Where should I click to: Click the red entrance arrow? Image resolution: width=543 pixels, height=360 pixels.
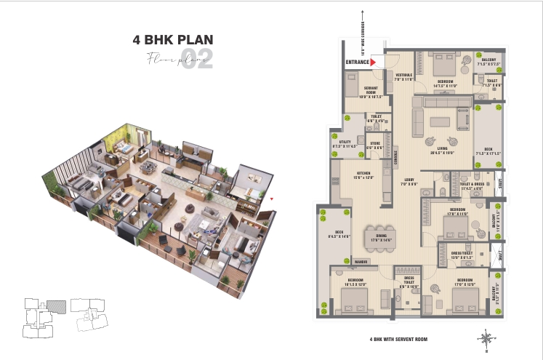tap(373, 63)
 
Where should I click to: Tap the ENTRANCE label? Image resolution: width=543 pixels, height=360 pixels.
tap(357, 63)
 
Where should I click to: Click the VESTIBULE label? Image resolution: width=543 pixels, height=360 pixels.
tap(404, 76)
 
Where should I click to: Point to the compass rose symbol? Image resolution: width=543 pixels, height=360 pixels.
tap(484, 338)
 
